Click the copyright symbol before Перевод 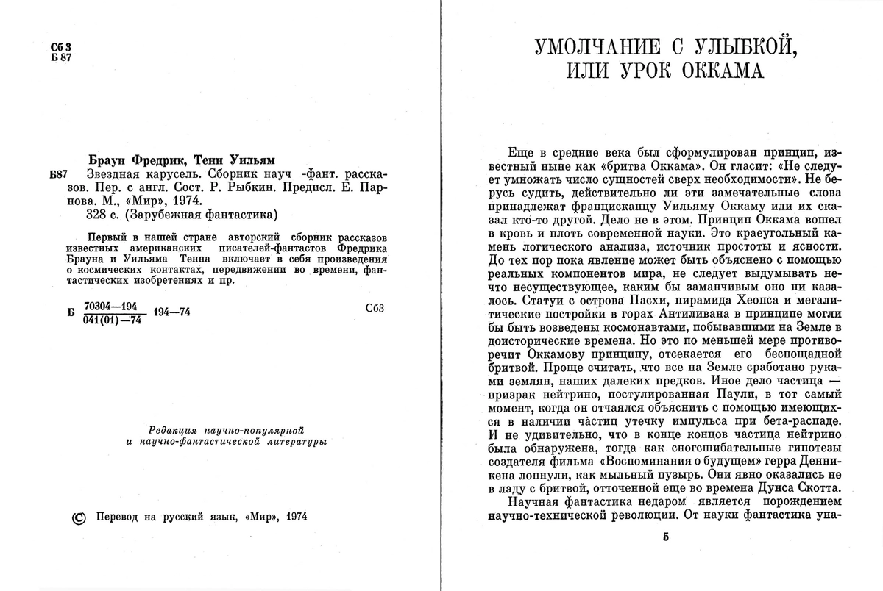point(79,517)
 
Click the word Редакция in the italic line point(171,429)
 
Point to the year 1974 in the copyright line point(294,517)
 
